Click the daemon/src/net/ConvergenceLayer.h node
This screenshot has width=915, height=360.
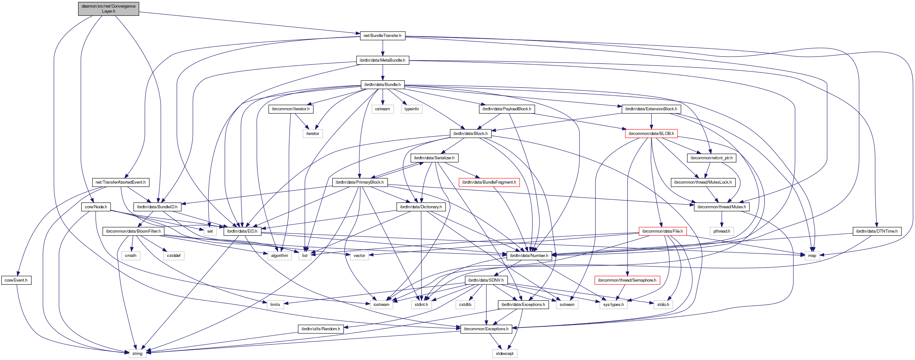tap(108, 9)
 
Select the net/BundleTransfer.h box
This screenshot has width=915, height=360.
tap(382, 35)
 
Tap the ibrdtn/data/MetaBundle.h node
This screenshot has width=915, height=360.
tap(382, 60)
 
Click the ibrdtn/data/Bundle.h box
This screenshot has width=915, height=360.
tap(382, 85)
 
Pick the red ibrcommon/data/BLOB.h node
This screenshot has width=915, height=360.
tap(651, 134)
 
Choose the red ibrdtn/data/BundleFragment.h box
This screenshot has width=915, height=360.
tap(489, 182)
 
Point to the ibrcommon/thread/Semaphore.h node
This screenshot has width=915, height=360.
tap(627, 280)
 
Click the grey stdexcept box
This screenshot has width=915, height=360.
tap(504, 353)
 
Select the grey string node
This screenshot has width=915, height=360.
tap(137, 353)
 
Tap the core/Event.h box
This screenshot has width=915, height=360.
tap(16, 280)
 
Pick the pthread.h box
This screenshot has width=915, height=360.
tap(721, 231)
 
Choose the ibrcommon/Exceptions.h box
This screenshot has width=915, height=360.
tap(485, 329)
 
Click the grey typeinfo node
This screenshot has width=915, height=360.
tap(411, 109)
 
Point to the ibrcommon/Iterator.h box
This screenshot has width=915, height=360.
tap(290, 109)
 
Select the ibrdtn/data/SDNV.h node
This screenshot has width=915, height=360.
tap(485, 280)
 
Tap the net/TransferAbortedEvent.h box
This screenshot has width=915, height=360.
tap(120, 182)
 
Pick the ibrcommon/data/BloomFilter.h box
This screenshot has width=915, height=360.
tap(133, 231)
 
